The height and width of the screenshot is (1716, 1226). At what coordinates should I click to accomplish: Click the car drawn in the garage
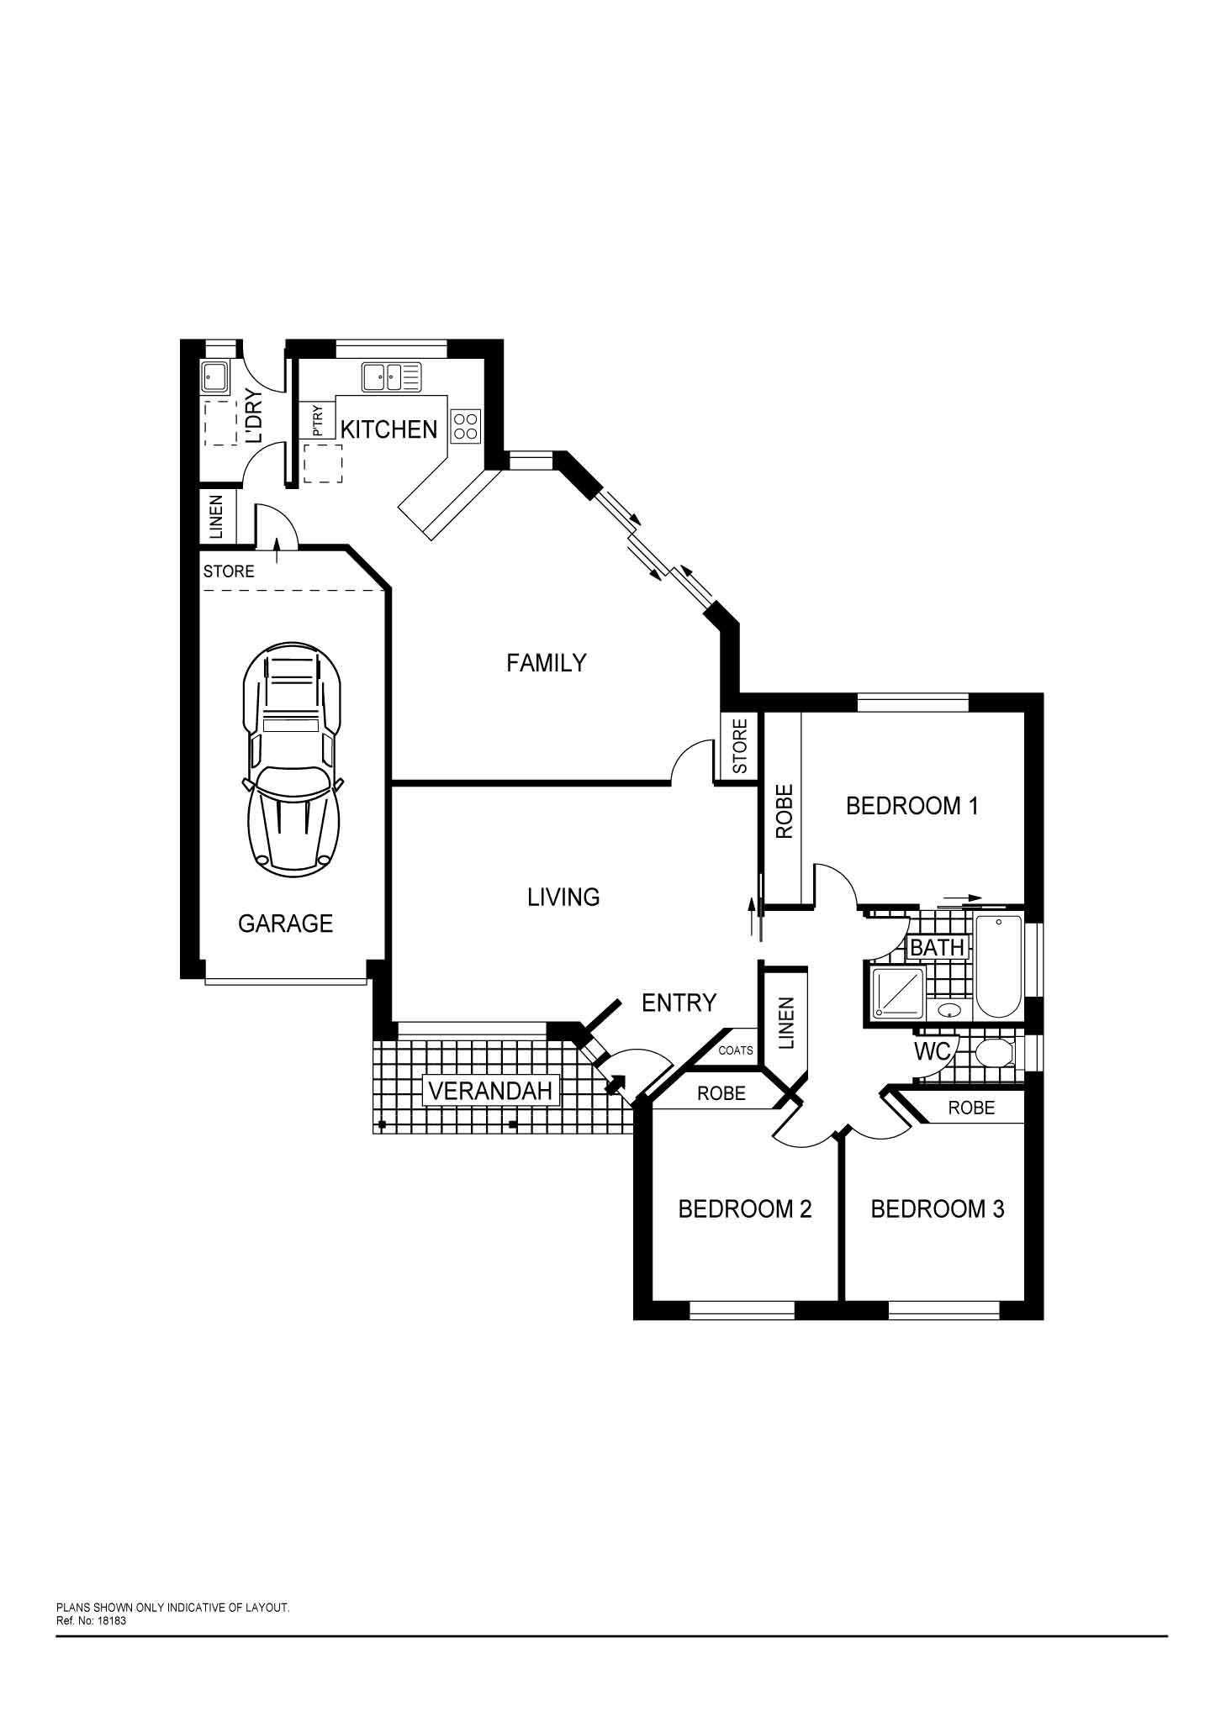[x=293, y=760]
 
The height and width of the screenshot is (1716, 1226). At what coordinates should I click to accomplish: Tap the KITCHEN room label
[x=388, y=429]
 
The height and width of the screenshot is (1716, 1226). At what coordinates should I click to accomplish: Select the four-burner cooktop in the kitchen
[x=466, y=426]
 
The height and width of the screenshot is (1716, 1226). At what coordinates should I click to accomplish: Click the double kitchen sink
[x=392, y=377]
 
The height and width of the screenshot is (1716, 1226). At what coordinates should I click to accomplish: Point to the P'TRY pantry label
[x=317, y=420]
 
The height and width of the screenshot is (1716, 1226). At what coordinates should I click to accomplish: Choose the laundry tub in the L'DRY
[x=214, y=378]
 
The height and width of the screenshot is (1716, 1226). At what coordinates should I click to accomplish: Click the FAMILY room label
[x=546, y=663]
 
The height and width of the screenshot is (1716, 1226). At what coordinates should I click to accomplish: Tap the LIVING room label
[x=563, y=897]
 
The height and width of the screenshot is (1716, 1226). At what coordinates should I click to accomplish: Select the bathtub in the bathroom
[x=998, y=966]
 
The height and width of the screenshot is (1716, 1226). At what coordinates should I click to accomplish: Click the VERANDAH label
[x=491, y=1091]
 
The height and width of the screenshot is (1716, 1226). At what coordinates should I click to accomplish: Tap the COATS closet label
[x=736, y=1050]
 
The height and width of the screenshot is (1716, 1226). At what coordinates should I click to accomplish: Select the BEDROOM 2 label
[x=744, y=1209]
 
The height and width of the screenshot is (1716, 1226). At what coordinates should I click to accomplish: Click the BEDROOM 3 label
[x=937, y=1209]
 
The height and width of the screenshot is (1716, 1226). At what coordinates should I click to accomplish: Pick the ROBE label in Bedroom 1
[x=784, y=811]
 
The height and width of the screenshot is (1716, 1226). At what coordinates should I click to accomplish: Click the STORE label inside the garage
[x=229, y=571]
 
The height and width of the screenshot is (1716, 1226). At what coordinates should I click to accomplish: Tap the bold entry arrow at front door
[x=616, y=1085]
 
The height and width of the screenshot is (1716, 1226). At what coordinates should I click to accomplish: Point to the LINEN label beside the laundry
[x=216, y=517]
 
